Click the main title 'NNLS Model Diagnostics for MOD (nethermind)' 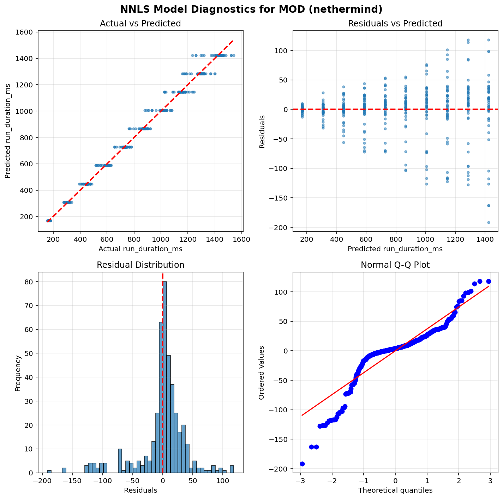click(251, 9)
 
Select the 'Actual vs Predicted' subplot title click(140, 24)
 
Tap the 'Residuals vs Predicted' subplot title click(395, 24)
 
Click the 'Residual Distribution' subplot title click(140, 265)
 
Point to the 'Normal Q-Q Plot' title click(395, 265)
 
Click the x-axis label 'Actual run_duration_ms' click(140, 249)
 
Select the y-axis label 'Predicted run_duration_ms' click(8, 131)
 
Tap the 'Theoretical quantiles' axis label click(395, 491)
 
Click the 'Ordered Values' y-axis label click(262, 372)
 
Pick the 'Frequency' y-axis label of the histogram click(18, 372)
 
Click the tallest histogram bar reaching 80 click(164, 377)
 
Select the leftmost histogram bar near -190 click(49, 472)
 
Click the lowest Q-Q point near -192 click(302, 464)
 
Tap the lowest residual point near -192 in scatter click(489, 222)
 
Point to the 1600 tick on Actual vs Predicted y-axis click(27, 32)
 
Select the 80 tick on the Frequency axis click(29, 282)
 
